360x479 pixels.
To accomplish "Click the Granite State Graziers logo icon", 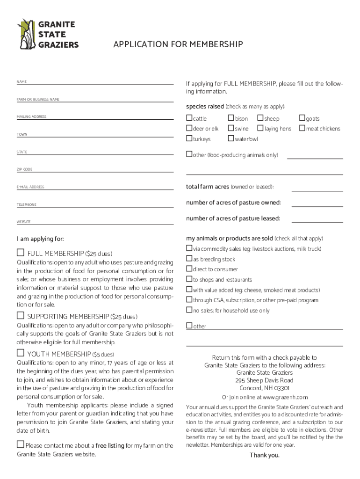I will (x=26, y=34).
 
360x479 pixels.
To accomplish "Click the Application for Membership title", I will (x=178, y=44).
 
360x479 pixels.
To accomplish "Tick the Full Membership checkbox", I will (x=21, y=253).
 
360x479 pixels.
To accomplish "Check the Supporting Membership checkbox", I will (x=21, y=316).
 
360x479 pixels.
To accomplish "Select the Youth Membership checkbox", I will (x=21, y=353).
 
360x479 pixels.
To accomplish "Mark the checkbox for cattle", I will (x=189, y=118).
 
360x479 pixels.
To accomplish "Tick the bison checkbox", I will (x=231, y=118).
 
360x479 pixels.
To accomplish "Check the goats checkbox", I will (x=302, y=118).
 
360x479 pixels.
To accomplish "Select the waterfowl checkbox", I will (x=231, y=138).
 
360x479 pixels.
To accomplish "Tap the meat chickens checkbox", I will (x=302, y=128).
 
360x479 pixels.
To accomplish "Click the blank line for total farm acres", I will (x=317, y=190).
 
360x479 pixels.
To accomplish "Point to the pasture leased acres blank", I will (x=317, y=221).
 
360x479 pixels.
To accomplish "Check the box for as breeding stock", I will (x=189, y=259).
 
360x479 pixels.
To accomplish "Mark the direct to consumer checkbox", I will (x=189, y=269).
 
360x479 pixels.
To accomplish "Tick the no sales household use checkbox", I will (x=189, y=310).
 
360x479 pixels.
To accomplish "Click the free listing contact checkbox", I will (x=21, y=444).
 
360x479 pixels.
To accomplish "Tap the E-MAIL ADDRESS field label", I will (x=30, y=187).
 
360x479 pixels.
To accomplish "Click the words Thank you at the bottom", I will (x=264, y=455).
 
